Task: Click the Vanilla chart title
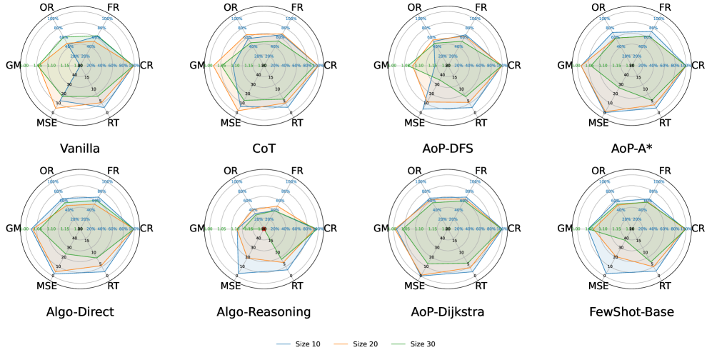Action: click(80, 149)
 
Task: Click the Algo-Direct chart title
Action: click(80, 312)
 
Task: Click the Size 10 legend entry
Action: click(307, 344)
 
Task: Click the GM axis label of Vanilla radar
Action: click(14, 66)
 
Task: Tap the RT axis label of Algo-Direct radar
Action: click(113, 286)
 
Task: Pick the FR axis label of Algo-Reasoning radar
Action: click(294, 172)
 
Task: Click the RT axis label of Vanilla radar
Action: click(113, 123)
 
